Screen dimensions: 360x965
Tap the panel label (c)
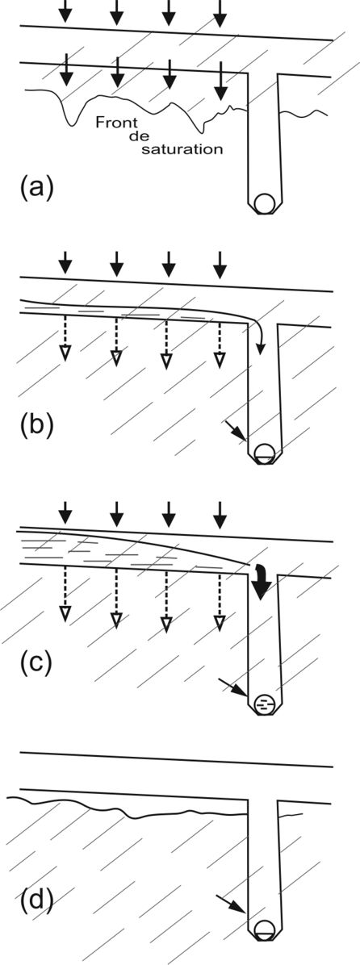[x=37, y=666]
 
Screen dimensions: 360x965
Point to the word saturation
[x=189, y=149]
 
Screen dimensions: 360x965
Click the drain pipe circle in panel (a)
[x=266, y=203]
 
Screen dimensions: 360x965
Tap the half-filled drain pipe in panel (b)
[x=266, y=451]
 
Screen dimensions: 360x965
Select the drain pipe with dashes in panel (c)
[x=263, y=702]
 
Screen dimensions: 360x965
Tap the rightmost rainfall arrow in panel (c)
[x=220, y=510]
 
